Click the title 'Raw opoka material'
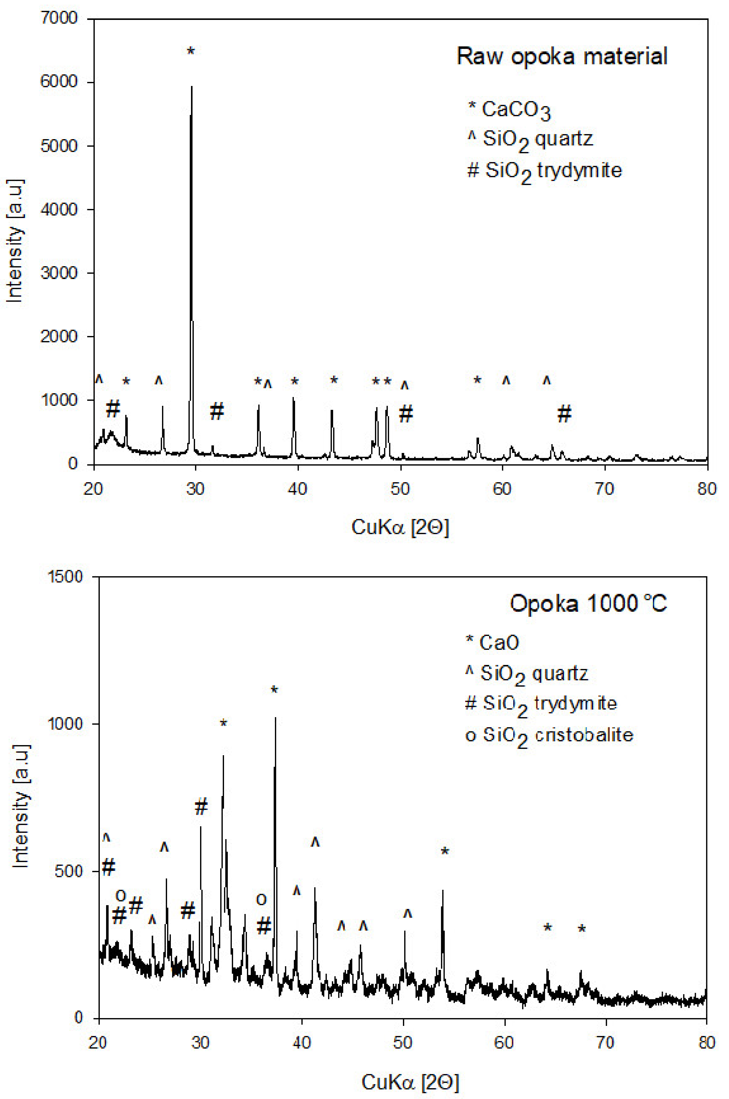click(x=562, y=56)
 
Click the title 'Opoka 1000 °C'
click(x=588, y=604)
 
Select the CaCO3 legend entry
click(x=509, y=110)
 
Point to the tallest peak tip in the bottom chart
click(x=275, y=718)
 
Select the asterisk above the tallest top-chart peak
click(x=191, y=51)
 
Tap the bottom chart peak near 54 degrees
click(x=442, y=891)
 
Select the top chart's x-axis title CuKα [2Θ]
click(x=400, y=527)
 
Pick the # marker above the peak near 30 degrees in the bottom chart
click(x=201, y=807)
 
